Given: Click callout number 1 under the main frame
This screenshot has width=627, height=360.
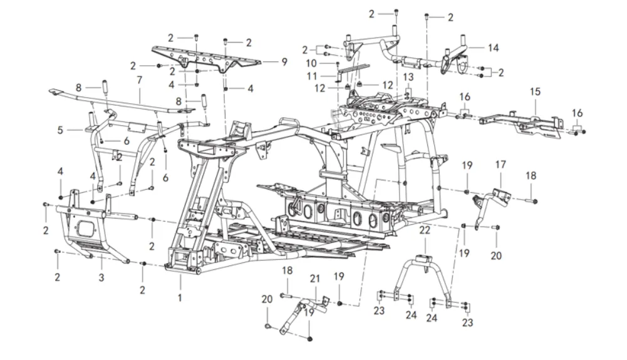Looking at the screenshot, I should point(180,298).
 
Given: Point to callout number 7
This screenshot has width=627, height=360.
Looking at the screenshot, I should point(140,80).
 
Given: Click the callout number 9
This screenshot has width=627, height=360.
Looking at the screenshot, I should point(284,62).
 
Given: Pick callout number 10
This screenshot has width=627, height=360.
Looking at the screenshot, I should point(312,63).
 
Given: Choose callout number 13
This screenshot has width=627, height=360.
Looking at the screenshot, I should point(408,76).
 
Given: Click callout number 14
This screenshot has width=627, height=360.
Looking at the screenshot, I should point(494,48).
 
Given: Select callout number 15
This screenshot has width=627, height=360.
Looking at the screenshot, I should point(535,91).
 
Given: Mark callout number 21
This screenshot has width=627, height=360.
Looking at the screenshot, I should point(314,278).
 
